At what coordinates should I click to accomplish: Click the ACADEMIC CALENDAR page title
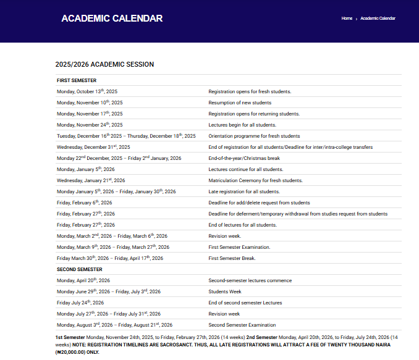(112, 19)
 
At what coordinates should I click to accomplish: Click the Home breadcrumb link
(347, 19)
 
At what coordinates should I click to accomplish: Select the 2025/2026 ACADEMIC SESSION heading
(104, 64)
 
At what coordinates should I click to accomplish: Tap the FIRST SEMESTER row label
(77, 80)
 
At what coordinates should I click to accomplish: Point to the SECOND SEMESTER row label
(80, 269)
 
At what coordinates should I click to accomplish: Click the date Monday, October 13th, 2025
(87, 91)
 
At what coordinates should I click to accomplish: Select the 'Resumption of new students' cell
(240, 103)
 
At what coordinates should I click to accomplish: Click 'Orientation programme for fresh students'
(254, 136)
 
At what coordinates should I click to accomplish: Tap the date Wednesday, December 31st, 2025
(93, 147)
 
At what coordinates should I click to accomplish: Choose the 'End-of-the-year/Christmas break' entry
(244, 158)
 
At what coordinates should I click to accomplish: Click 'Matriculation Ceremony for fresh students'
(255, 180)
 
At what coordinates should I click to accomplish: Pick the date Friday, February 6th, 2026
(85, 203)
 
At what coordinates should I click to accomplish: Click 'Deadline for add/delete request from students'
(259, 203)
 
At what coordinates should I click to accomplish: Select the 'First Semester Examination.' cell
(239, 247)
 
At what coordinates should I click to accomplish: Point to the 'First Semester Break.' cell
(232, 258)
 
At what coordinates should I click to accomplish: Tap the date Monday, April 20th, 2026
(83, 280)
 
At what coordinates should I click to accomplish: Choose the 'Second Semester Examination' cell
(242, 325)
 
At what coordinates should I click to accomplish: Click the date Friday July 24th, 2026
(80, 303)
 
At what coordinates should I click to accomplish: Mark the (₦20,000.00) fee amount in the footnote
(69, 352)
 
